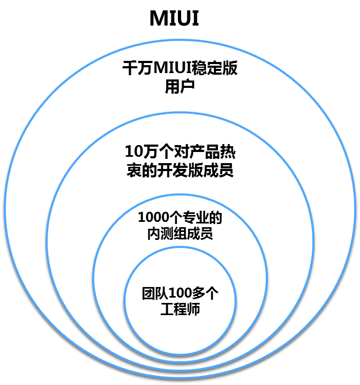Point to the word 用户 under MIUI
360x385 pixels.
(x=180, y=86)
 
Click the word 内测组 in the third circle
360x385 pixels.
(x=166, y=233)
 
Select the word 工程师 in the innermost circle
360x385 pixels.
(x=180, y=309)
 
